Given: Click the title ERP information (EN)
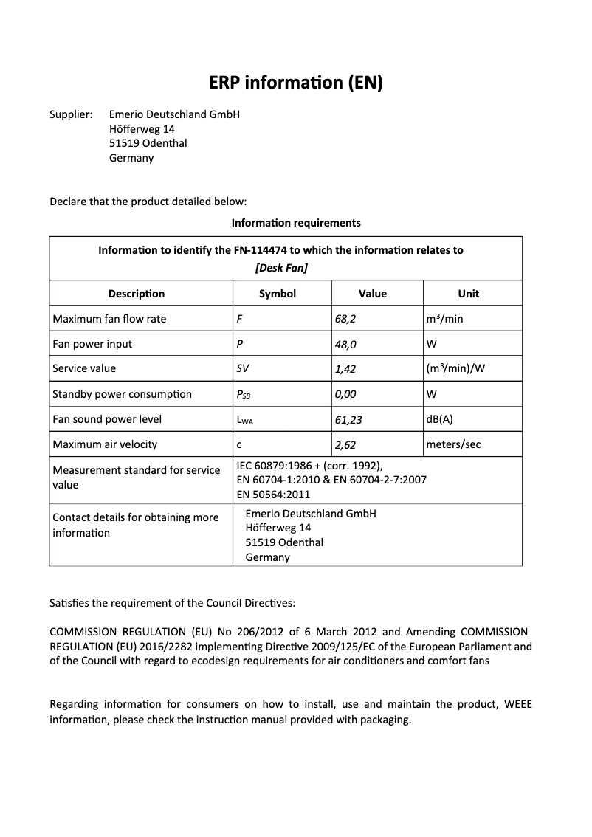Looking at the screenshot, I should click(295, 83).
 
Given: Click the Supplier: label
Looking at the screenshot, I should click(71, 114).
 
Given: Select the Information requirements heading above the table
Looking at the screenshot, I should click(295, 222).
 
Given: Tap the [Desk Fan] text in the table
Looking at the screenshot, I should click(280, 267).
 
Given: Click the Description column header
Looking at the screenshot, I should click(137, 294).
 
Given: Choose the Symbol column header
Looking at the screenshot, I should click(278, 294).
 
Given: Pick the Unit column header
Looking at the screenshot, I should click(468, 294).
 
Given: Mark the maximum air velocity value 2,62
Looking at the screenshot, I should click(345, 445).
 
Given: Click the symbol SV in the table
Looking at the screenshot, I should click(243, 369).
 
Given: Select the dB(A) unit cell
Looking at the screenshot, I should click(440, 419).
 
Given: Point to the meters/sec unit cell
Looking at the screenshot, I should click(455, 444).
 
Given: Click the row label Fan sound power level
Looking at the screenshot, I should click(107, 419).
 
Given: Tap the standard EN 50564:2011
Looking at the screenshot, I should click(273, 495).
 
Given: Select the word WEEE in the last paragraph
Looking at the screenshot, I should click(517, 704).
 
